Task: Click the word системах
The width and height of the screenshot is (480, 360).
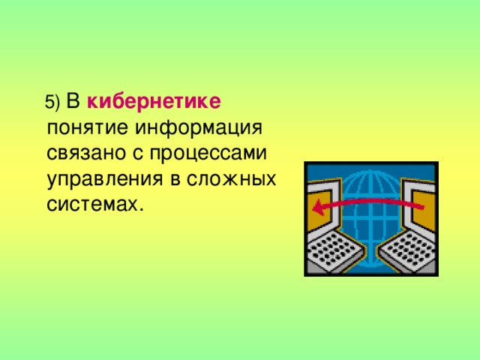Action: [90, 205]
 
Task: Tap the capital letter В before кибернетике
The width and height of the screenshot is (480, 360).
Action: [74, 100]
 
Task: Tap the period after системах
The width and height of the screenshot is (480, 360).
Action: [139, 211]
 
